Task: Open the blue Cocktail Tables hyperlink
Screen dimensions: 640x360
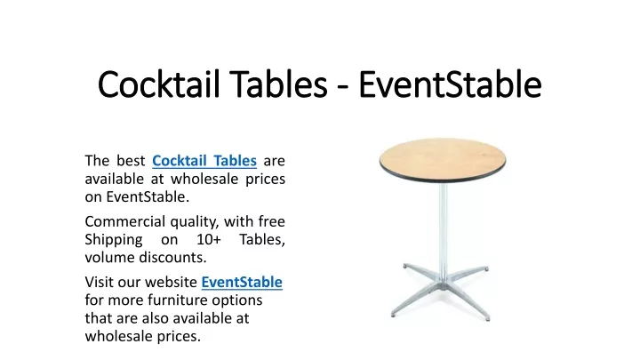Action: coord(204,160)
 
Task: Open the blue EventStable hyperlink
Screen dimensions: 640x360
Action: coord(242,282)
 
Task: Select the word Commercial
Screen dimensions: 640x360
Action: coord(125,221)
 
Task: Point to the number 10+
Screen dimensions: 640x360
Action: coord(209,239)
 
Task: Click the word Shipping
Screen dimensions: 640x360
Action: coord(114,240)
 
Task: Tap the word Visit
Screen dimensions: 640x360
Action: coord(100,282)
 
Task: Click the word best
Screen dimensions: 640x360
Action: coord(131,160)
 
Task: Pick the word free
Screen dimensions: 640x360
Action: coord(271,221)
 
